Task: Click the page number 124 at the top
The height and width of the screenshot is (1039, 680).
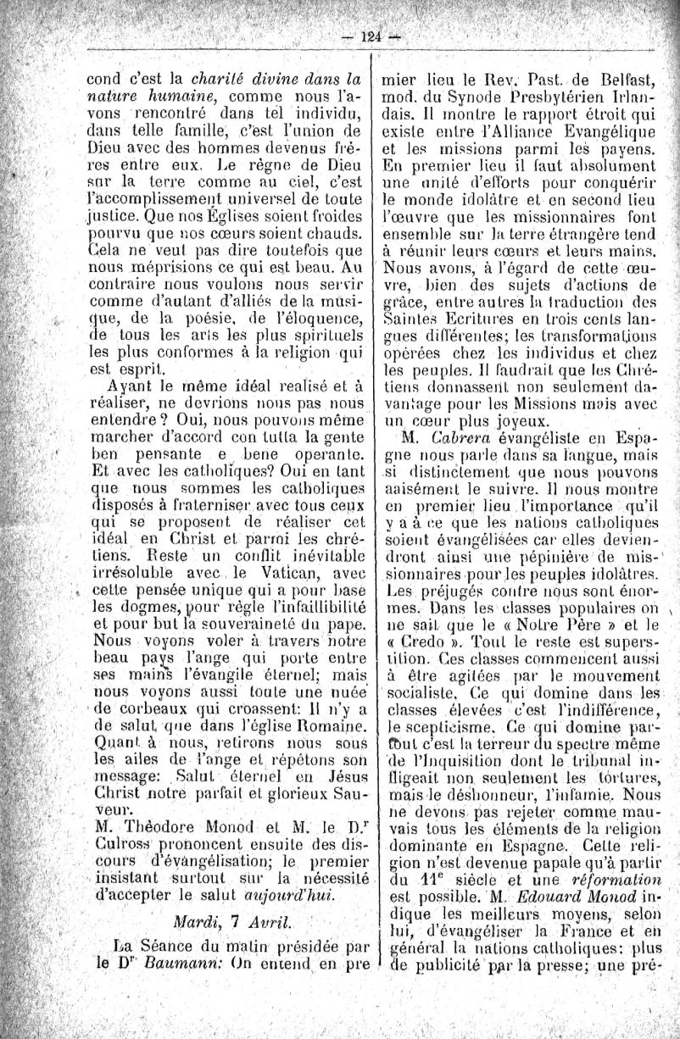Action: coord(371,36)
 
